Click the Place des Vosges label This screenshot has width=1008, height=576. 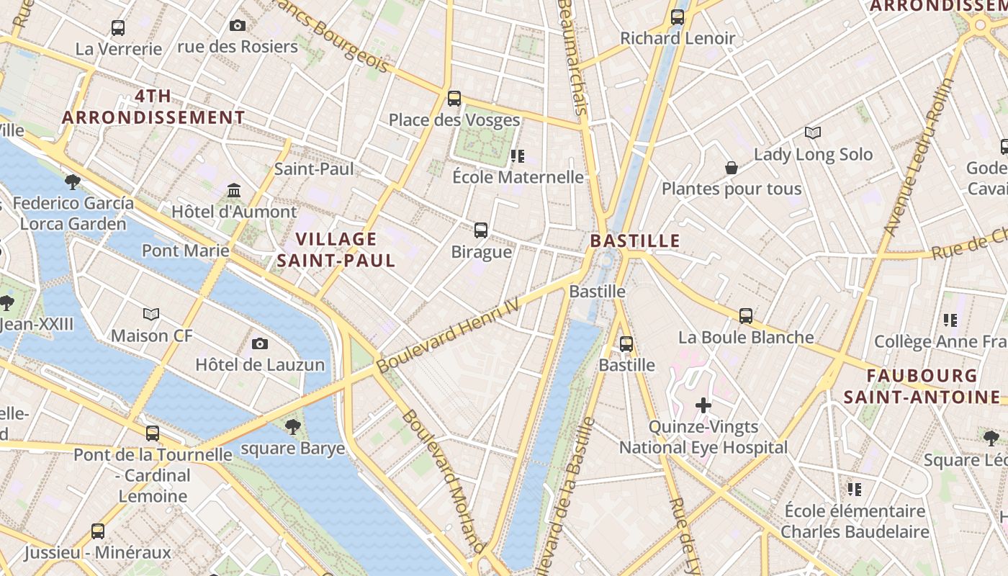click(x=454, y=120)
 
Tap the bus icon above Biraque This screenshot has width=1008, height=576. click(x=481, y=230)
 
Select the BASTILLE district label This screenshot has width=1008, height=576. click(x=635, y=240)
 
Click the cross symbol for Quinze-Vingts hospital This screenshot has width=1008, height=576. click(x=703, y=405)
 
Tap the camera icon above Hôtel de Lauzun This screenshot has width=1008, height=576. click(x=260, y=344)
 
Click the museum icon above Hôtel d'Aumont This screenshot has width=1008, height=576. click(x=234, y=191)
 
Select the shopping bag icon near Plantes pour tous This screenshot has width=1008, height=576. click(x=732, y=168)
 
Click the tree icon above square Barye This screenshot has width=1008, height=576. click(x=292, y=427)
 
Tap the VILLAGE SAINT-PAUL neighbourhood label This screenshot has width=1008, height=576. click(x=336, y=250)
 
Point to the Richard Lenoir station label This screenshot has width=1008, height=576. click(x=678, y=38)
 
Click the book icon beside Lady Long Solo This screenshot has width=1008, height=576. click(x=813, y=133)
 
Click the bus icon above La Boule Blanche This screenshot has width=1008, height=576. click(x=746, y=316)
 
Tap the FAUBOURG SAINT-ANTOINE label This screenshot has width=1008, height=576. click(x=922, y=386)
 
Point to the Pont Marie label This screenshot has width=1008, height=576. click(x=186, y=251)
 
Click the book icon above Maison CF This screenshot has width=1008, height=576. click(x=151, y=315)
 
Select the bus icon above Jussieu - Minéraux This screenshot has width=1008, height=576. click(x=98, y=531)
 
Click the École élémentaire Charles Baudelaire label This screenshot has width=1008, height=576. click(x=855, y=521)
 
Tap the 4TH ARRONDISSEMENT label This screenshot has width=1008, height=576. click(x=153, y=107)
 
